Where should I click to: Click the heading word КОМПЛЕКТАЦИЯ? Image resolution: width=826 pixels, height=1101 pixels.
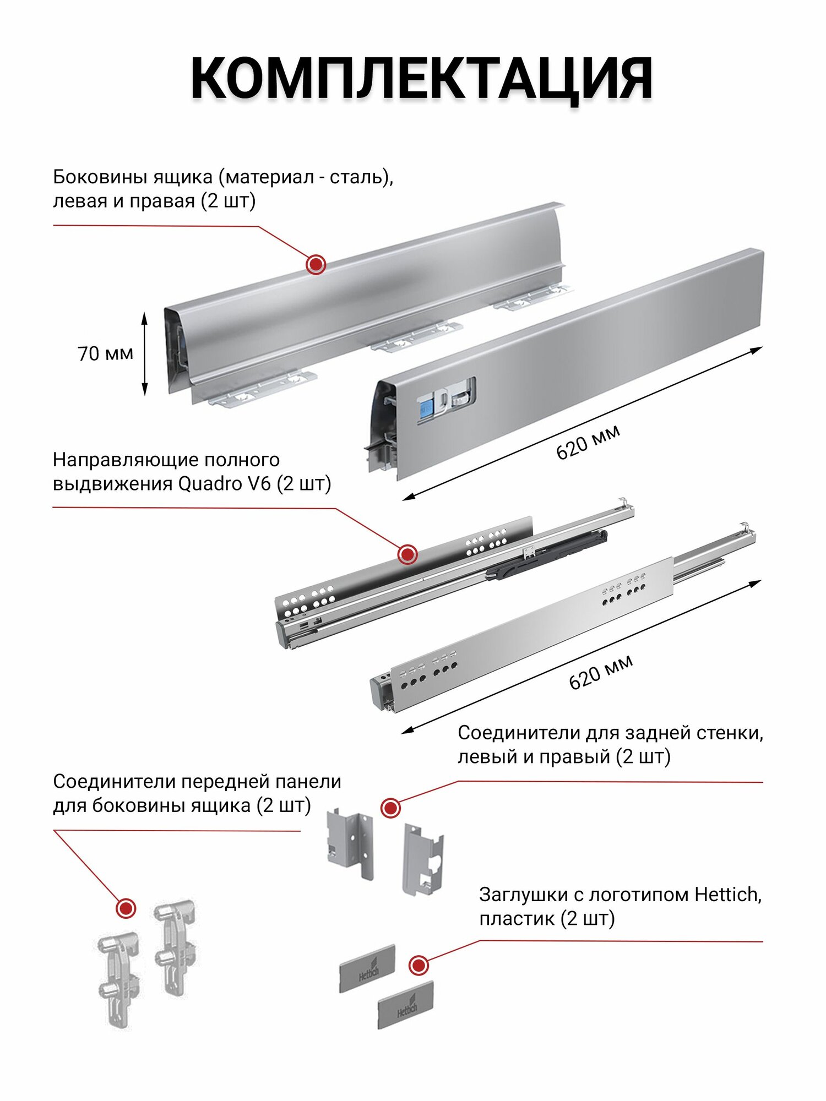pyautogui.click(x=421, y=78)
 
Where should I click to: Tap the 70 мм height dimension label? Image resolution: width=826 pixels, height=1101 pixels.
pyautogui.click(x=105, y=353)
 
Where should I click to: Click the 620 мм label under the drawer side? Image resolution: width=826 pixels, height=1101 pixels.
pyautogui.click(x=588, y=442)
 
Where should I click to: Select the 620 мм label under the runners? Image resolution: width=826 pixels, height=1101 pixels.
pyautogui.click(x=601, y=672)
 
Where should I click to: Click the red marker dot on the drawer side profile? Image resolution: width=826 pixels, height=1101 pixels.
pyautogui.click(x=316, y=265)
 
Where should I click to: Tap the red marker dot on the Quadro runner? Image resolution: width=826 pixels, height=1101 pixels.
pyautogui.click(x=407, y=554)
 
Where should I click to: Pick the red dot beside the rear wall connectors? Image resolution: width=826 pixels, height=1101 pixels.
pyautogui.click(x=391, y=808)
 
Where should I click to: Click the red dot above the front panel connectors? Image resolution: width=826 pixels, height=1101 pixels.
pyautogui.click(x=126, y=908)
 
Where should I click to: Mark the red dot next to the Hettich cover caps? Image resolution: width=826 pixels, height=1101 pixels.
pyautogui.click(x=419, y=965)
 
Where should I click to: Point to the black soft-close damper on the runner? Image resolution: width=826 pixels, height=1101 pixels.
pyautogui.click(x=545, y=555)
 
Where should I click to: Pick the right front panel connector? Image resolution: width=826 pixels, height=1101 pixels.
pyautogui.click(x=175, y=947)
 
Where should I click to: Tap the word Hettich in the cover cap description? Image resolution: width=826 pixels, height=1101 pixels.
pyautogui.click(x=728, y=895)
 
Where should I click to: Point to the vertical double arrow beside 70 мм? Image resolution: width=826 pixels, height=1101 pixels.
pyautogui.click(x=145, y=354)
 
